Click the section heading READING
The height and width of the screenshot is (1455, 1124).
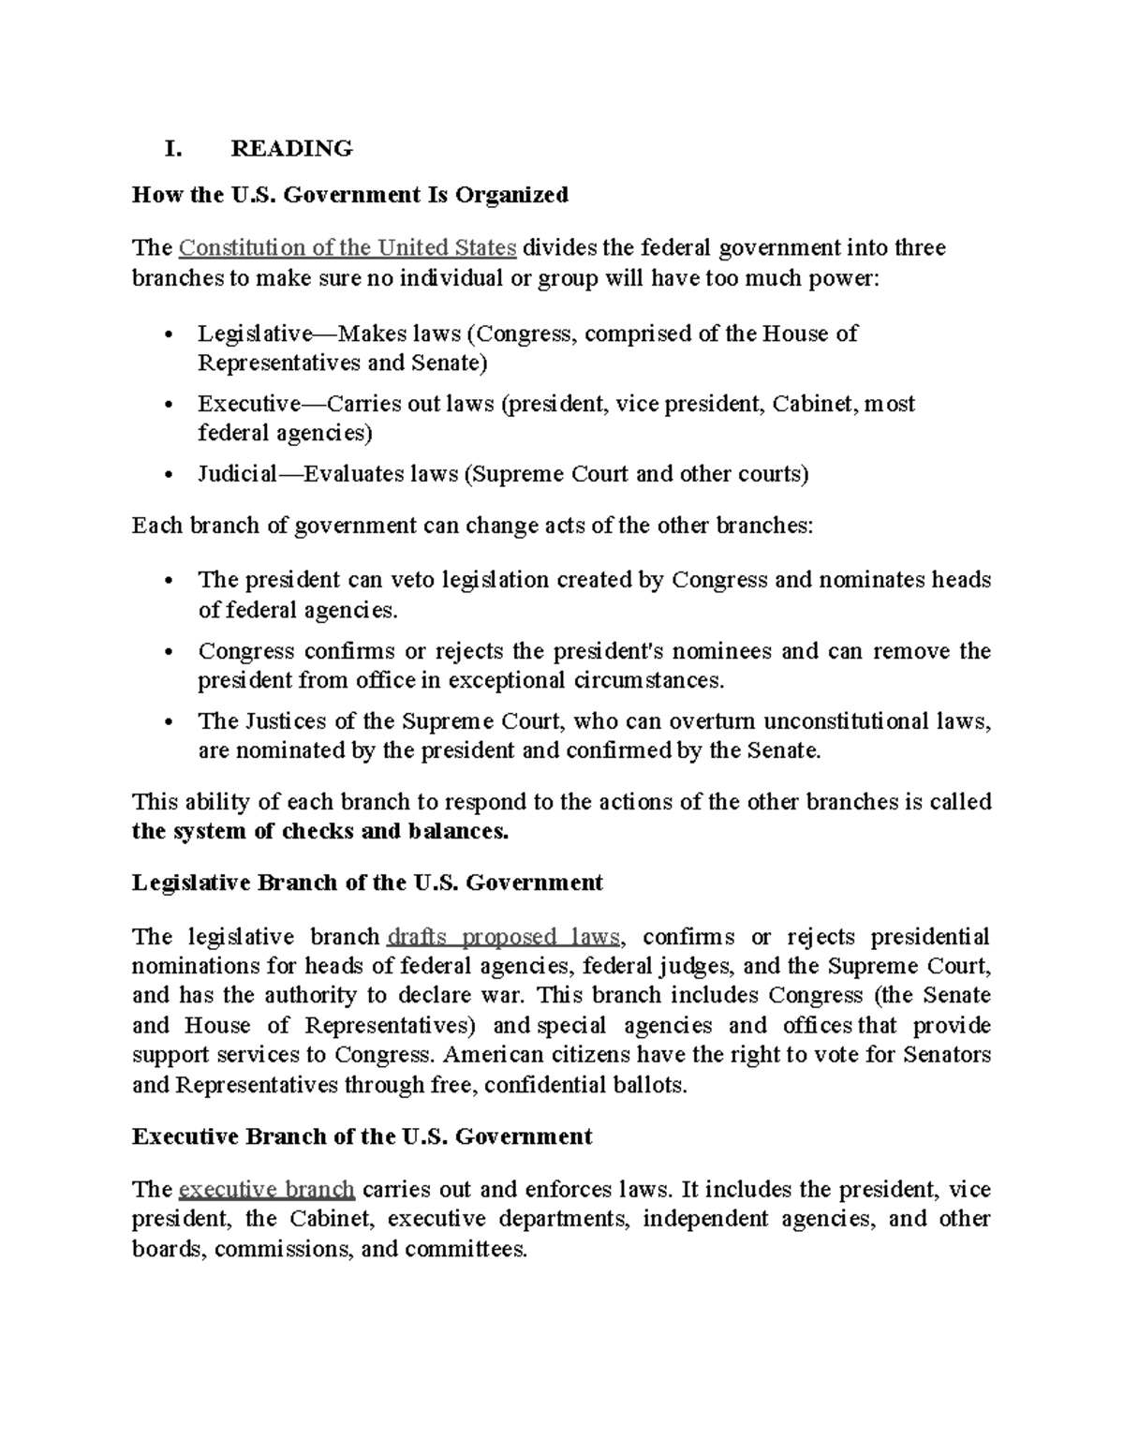tap(291, 148)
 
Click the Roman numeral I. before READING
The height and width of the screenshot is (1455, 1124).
tap(171, 148)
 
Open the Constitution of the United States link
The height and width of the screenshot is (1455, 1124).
tap(348, 248)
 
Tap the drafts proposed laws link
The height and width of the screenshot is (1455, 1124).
tap(504, 937)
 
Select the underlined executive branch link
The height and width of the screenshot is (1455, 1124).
tap(266, 1190)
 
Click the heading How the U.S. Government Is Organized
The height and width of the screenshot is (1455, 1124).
tap(350, 195)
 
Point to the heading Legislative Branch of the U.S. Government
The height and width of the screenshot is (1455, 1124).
tap(367, 883)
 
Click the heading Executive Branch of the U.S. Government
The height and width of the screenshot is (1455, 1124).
tap(362, 1136)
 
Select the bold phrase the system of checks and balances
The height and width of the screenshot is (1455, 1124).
tap(320, 832)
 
